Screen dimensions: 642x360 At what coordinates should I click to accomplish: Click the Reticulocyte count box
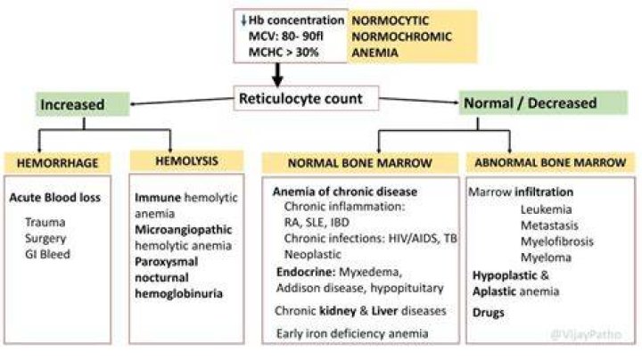point(306,98)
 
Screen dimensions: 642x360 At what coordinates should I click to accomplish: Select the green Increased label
point(83,104)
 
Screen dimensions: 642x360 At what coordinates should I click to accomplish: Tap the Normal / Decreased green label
point(543,102)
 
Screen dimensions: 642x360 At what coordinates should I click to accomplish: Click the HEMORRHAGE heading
point(57,163)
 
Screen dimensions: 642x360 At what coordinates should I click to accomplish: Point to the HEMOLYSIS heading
point(186,160)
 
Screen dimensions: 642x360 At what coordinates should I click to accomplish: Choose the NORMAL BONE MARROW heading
point(360,163)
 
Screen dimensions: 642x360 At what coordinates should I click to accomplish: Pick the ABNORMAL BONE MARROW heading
point(550,162)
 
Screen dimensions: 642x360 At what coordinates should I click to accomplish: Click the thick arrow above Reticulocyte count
point(277,75)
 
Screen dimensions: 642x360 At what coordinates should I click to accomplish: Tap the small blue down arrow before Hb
point(243,20)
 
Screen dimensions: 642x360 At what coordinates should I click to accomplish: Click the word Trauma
point(45,222)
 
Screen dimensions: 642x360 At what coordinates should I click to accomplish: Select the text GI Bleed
point(47,254)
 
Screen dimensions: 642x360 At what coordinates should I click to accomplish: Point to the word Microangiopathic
point(184,230)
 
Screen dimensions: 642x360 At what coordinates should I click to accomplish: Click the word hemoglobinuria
point(178,293)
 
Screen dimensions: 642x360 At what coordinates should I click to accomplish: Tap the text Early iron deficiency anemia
point(352,333)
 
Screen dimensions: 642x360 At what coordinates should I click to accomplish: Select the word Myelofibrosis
point(556,241)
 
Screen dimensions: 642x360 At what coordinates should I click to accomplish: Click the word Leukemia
point(547,209)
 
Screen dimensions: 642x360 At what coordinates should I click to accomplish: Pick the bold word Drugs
point(488,313)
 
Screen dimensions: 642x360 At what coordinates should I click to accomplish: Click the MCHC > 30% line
point(284,52)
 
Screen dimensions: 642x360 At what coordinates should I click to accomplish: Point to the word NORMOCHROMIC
point(401,37)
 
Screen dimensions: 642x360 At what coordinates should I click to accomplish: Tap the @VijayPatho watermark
point(586,335)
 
